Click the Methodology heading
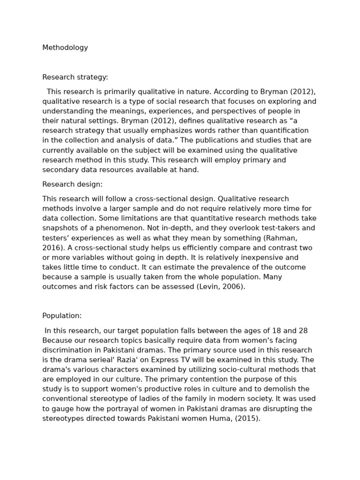pyautogui.click(x=65, y=48)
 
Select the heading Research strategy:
pyautogui.click(x=75, y=77)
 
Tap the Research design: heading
pyautogui.click(x=72, y=185)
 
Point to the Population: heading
pyautogui.click(x=62, y=316)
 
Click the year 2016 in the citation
pyautogui.click(x=52, y=248)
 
